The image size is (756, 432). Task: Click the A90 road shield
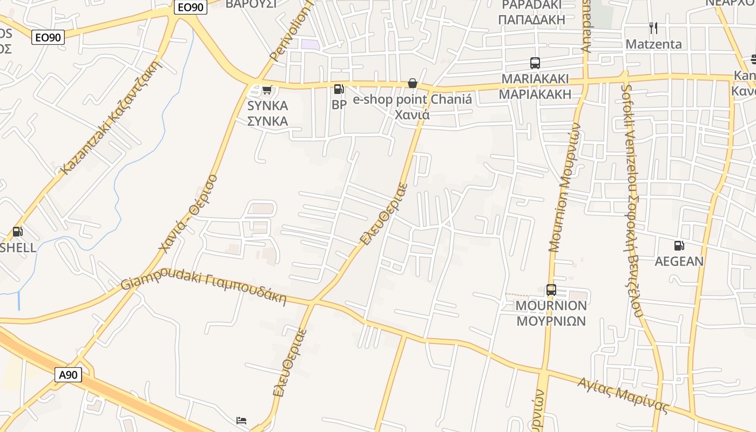click(x=68, y=375)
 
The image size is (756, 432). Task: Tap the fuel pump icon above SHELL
click(x=18, y=232)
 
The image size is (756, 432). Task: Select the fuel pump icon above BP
click(x=339, y=89)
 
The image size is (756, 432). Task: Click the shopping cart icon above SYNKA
click(x=267, y=90)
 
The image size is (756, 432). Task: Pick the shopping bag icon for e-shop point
click(x=413, y=83)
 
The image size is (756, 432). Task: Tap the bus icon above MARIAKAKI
click(x=535, y=63)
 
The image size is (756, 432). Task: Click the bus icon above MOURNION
click(x=551, y=290)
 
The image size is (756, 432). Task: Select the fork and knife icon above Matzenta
click(x=653, y=28)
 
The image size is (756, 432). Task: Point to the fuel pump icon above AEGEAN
click(x=679, y=246)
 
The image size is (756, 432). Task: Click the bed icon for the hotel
click(x=241, y=420)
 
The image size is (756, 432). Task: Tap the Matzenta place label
click(x=653, y=44)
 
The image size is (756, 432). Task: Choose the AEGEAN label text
click(x=679, y=262)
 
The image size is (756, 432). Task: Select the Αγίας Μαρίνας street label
click(x=623, y=395)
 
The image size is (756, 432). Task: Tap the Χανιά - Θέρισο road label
click(x=188, y=213)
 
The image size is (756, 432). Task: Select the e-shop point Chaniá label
click(x=413, y=99)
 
